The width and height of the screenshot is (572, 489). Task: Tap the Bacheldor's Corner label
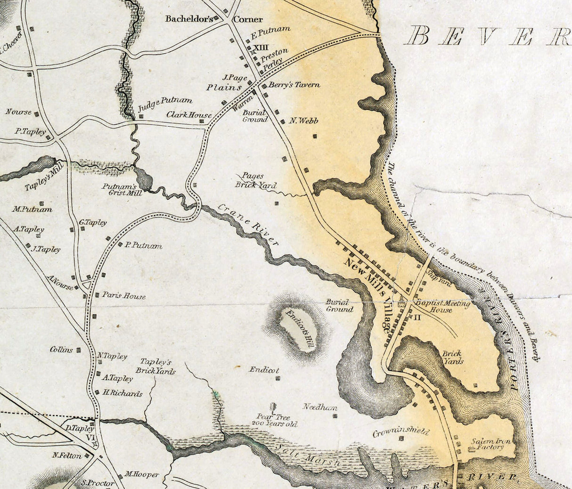click(x=214, y=19)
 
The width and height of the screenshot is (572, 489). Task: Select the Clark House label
click(x=189, y=114)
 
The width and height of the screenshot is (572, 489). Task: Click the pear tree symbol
click(x=273, y=407)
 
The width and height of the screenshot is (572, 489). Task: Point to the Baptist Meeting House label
click(x=442, y=307)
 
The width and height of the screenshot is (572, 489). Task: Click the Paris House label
click(x=124, y=296)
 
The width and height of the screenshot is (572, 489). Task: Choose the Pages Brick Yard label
click(x=255, y=180)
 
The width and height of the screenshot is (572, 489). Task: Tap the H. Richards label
click(x=122, y=393)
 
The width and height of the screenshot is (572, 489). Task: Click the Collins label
click(x=62, y=350)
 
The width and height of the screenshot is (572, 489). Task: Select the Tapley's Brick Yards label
click(x=155, y=366)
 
